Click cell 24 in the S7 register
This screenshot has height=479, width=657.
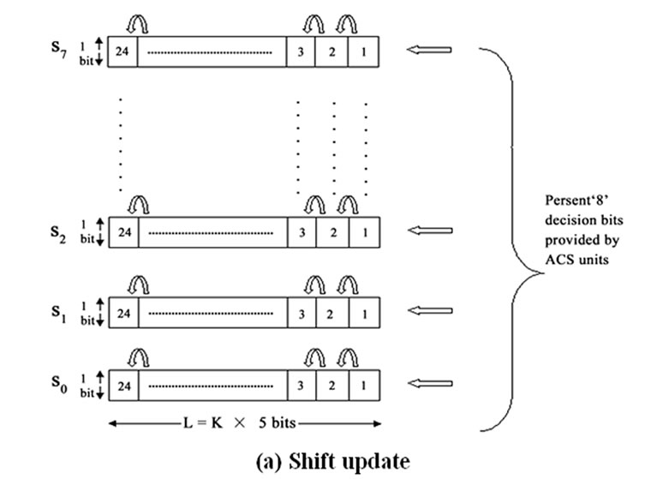pyautogui.click(x=123, y=51)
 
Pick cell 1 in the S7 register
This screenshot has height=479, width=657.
pyautogui.click(x=364, y=51)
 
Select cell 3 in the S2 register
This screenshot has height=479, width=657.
pyautogui.click(x=302, y=231)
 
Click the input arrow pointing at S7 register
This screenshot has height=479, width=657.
pyautogui.click(x=428, y=51)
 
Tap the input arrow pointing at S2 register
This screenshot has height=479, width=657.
pyautogui.click(x=428, y=231)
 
